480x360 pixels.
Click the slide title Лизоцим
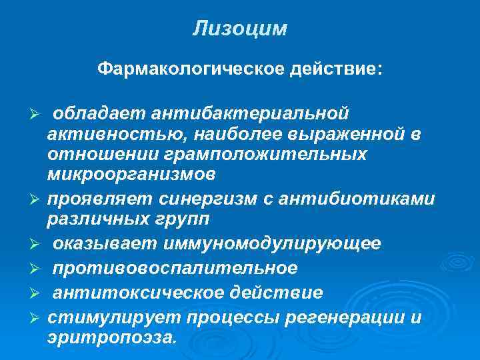point(240,29)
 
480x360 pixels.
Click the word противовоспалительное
point(175,268)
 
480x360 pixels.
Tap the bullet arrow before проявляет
point(39,200)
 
